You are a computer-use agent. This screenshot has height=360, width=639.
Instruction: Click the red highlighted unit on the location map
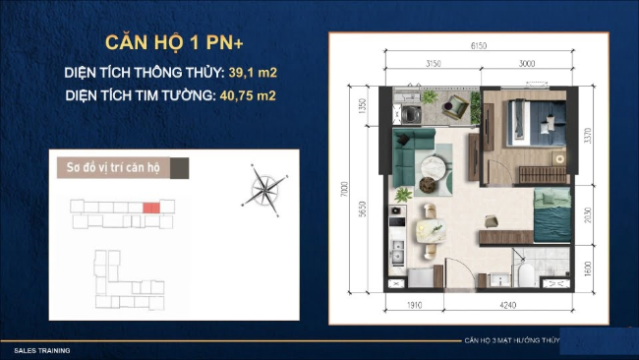pos(150,208)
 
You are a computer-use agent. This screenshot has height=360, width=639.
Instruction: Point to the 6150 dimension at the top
pos(479,45)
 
